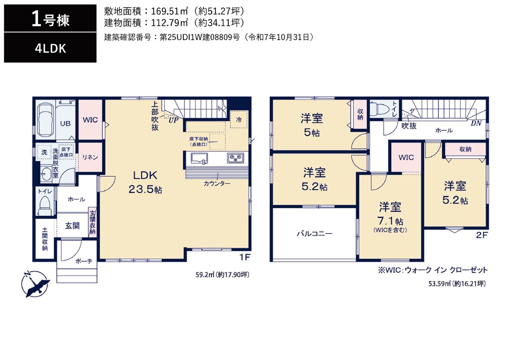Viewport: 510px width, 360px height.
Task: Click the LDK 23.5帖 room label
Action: coord(145,182)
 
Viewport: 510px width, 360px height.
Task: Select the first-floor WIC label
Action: coord(90,120)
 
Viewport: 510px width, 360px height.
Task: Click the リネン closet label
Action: coord(90,157)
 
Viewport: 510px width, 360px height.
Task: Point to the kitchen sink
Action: coord(199,158)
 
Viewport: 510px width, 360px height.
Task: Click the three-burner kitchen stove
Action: coord(235,158)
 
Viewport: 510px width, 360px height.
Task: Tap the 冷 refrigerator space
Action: coord(239,120)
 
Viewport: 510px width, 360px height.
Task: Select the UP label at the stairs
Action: coord(173,120)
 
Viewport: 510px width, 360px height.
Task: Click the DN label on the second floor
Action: coord(476,123)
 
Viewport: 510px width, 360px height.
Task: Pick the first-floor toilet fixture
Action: coord(45,205)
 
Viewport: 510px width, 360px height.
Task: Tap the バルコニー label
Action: coord(314,234)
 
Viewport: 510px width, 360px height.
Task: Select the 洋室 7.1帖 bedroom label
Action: coord(390,217)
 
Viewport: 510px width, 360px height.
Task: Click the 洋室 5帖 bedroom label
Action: coord(312,125)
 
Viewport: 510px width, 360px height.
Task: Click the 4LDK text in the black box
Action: coord(50,49)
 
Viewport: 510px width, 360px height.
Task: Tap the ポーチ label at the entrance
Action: coord(84,261)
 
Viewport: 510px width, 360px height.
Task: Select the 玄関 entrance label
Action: coord(72,226)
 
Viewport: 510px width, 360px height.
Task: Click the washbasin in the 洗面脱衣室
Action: coord(46,174)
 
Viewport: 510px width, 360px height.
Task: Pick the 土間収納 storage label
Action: coord(45,239)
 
